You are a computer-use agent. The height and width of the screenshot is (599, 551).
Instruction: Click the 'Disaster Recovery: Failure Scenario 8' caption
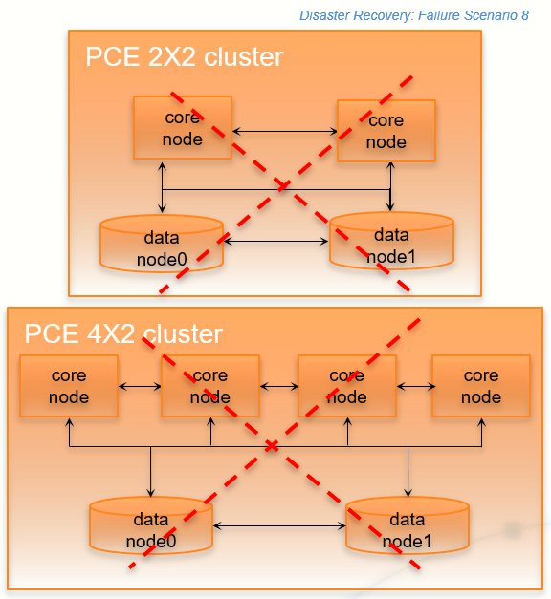click(x=413, y=16)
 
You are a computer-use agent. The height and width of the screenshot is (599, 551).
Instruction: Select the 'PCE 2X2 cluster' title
click(x=185, y=57)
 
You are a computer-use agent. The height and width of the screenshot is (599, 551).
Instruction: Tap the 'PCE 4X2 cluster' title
click(x=122, y=333)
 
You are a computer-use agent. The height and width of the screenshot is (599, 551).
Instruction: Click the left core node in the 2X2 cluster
click(x=182, y=128)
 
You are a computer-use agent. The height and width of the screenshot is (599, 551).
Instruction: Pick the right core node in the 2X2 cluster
click(x=386, y=131)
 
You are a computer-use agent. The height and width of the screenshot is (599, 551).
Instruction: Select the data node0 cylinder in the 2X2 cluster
click(x=162, y=246)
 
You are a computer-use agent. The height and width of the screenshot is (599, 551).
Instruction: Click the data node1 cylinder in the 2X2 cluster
click(x=391, y=244)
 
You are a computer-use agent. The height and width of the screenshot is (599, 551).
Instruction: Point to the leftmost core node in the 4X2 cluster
click(x=69, y=386)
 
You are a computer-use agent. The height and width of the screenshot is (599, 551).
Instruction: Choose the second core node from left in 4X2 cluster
click(x=209, y=386)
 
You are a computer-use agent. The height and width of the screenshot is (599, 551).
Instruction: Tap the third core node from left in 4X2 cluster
click(x=346, y=386)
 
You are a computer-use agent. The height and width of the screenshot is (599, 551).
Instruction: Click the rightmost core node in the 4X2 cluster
click(x=480, y=386)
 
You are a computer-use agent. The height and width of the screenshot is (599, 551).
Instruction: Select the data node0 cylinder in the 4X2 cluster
click(x=150, y=528)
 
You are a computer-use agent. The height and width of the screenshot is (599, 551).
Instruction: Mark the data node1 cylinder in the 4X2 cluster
click(x=407, y=528)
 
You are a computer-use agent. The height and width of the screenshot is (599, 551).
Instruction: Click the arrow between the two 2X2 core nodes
click(x=284, y=131)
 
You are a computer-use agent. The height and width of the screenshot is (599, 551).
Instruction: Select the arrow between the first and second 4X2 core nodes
click(x=140, y=386)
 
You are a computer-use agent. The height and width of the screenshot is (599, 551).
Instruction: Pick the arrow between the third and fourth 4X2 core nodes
click(x=413, y=386)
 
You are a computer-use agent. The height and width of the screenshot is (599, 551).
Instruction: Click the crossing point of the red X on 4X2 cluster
click(x=274, y=446)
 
